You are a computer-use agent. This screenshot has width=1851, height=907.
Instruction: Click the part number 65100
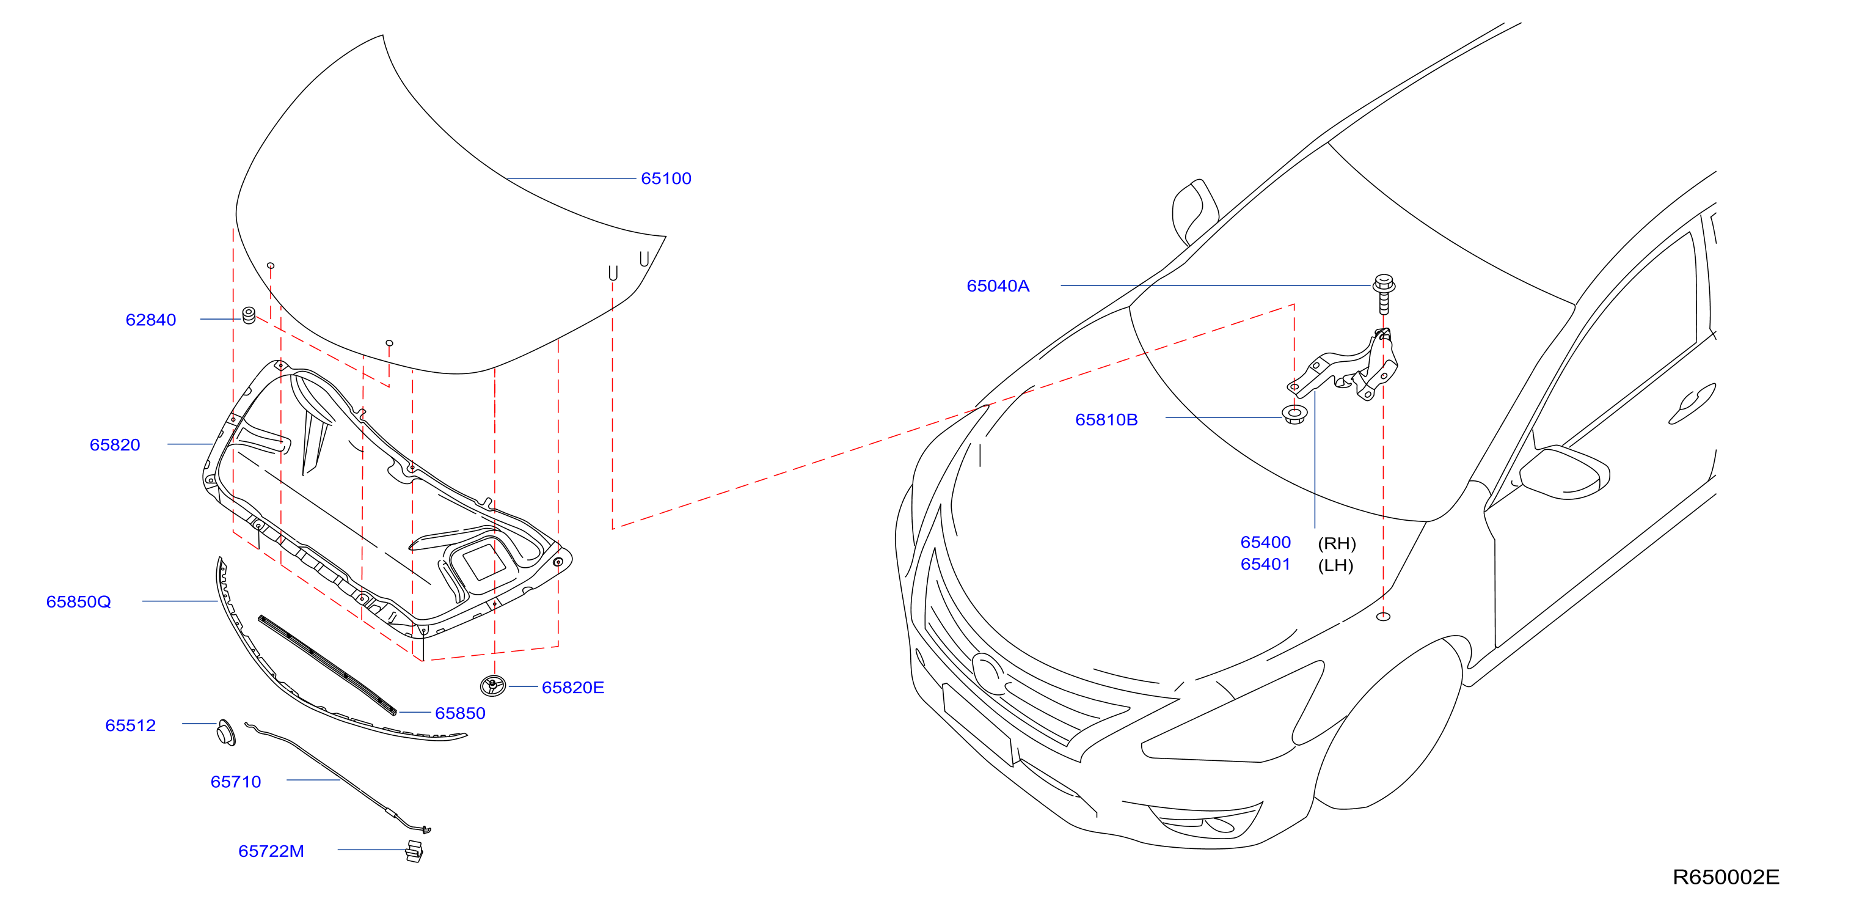pyautogui.click(x=665, y=178)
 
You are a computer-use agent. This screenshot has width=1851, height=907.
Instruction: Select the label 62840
pyautogui.click(x=151, y=320)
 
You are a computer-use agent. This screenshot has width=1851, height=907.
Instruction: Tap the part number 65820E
pyautogui.click(x=572, y=688)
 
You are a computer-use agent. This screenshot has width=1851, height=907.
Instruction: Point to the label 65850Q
pyautogui.click(x=78, y=601)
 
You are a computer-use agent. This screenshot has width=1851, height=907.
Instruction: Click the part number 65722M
pyautogui.click(x=271, y=851)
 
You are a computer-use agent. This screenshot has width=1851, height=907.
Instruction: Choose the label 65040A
pyautogui.click(x=998, y=286)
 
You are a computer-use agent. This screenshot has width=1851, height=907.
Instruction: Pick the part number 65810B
pyautogui.click(x=1106, y=420)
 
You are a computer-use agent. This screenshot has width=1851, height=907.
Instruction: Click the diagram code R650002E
pyautogui.click(x=1726, y=877)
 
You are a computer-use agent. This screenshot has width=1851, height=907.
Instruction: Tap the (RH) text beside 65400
pyautogui.click(x=1337, y=543)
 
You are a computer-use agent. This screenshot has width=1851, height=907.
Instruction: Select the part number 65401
pyautogui.click(x=1265, y=565)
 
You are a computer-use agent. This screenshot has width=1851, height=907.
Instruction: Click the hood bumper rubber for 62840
pyautogui.click(x=249, y=315)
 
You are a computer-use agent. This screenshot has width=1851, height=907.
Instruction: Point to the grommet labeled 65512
pyautogui.click(x=225, y=732)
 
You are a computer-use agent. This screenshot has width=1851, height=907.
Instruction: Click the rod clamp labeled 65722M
pyautogui.click(x=415, y=851)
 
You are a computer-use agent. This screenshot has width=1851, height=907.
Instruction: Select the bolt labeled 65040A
pyautogui.click(x=1384, y=293)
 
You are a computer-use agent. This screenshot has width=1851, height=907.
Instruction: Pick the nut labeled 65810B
pyautogui.click(x=1295, y=415)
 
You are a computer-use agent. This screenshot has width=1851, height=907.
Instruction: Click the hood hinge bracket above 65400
pyautogui.click(x=1344, y=367)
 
